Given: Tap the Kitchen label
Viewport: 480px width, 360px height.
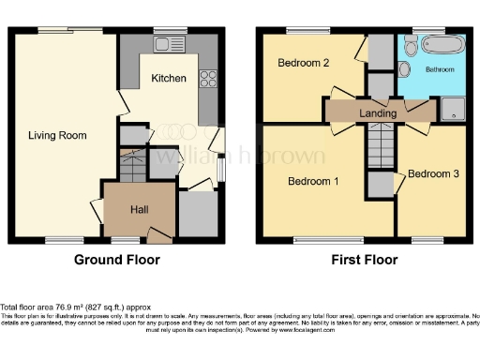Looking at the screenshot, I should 168,78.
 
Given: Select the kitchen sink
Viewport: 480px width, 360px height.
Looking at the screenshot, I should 170,44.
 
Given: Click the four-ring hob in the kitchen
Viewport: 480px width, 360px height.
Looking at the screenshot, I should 206,78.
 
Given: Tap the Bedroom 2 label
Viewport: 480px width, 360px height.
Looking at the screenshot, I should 303,64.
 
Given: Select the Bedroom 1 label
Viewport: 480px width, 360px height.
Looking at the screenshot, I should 313,180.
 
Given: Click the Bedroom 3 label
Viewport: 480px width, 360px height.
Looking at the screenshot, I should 433,173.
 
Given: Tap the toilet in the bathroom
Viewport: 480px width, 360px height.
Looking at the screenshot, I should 405,68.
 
